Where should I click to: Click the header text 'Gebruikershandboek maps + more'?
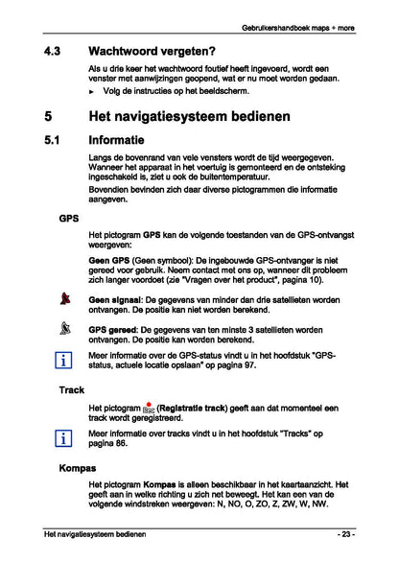[x=298, y=28]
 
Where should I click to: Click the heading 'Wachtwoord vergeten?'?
[x=151, y=50]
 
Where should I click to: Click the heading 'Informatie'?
[x=124, y=142]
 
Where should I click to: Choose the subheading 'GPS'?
[x=69, y=219]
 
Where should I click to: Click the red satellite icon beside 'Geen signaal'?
[x=66, y=300]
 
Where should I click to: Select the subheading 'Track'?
[x=72, y=391]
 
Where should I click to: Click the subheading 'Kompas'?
[x=77, y=469]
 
